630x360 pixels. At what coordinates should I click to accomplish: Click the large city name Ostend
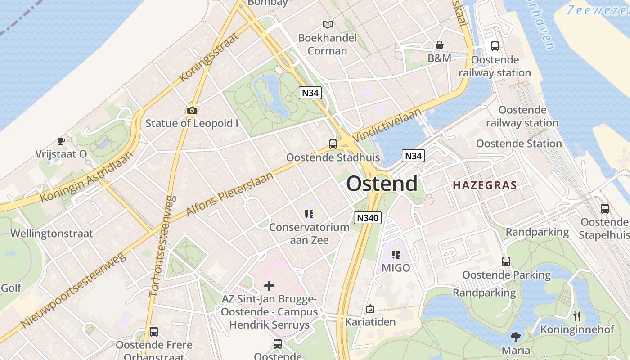coord(382,184)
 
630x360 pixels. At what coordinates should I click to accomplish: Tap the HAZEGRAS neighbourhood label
coord(485,185)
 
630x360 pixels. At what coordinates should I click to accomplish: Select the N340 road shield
coord(368,218)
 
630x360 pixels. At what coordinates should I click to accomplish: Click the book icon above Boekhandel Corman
coord(328,25)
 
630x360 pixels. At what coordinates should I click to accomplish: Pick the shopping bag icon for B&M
coord(439,45)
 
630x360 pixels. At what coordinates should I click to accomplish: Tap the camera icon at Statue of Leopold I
coord(192,110)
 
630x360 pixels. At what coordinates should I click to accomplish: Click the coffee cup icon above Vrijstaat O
coord(61,141)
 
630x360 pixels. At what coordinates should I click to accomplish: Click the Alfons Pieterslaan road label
coord(229,193)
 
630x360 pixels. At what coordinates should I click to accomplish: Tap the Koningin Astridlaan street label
coord(87,176)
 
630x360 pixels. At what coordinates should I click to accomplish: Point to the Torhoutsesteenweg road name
coord(162,246)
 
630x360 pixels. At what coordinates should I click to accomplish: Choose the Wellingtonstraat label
coord(52,234)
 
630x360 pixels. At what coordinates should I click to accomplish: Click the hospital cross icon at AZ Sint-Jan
coord(269,286)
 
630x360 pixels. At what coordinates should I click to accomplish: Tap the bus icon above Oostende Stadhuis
coord(333,144)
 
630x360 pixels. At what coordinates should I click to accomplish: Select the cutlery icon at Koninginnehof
coord(577,316)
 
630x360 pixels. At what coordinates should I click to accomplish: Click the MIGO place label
coord(396,268)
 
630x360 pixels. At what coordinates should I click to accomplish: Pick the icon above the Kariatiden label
coord(370,309)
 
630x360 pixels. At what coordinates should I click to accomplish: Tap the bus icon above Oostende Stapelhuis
coord(604,209)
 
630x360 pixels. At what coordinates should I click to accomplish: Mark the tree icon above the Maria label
coord(516,337)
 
